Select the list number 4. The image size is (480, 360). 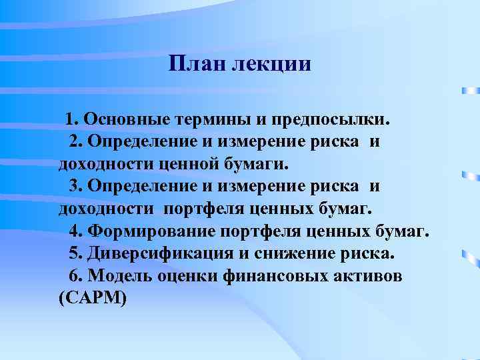click(x=75, y=231)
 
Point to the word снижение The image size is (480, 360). click(x=290, y=254)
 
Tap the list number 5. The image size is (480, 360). click(x=75, y=254)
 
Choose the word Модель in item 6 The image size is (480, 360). click(x=119, y=276)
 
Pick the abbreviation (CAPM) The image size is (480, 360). click(x=92, y=299)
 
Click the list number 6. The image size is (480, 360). click(x=75, y=276)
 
